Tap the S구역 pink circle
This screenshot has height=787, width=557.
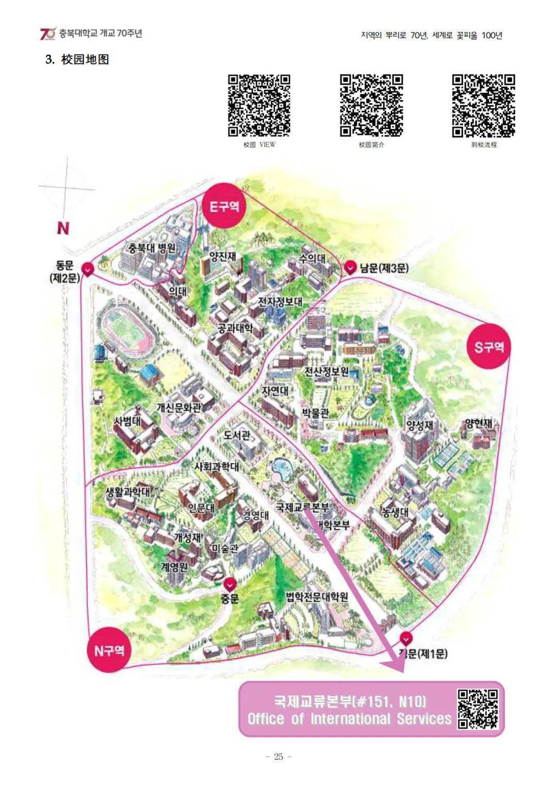click(488, 347)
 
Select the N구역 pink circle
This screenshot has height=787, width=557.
click(108, 650)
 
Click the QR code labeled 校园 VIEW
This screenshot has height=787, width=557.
click(259, 106)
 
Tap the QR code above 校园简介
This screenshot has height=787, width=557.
click(371, 106)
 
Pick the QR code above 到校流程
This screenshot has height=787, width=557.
click(484, 106)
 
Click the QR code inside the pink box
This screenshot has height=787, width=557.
click(478, 709)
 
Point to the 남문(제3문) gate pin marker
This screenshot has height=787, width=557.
click(351, 268)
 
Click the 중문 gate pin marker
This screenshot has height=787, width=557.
click(230, 584)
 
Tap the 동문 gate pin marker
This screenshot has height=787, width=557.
click(88, 269)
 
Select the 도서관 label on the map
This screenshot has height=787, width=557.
click(237, 435)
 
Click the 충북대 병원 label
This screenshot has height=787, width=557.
click(152, 248)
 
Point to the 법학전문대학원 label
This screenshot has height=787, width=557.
click(317, 597)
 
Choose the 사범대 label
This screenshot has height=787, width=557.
click(127, 421)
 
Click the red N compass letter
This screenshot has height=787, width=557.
click(63, 228)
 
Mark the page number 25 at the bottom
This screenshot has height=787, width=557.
click(279, 757)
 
